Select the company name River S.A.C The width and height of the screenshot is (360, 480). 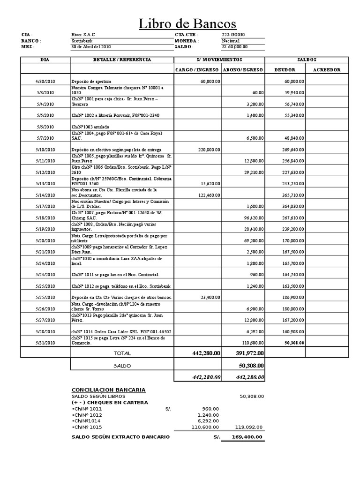83,35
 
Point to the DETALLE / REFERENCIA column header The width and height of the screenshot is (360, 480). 122,60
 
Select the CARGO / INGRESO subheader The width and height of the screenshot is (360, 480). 196,70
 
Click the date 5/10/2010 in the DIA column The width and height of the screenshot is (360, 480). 45,150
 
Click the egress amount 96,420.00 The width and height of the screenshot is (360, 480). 252,217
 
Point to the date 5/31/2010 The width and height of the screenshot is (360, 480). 45,343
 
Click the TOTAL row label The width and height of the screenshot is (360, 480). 122,353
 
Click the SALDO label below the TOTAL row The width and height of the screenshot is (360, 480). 122,366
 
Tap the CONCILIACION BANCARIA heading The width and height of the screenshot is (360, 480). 108,390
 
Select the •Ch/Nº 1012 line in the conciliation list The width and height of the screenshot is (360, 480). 87,415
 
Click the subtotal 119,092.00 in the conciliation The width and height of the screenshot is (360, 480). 250,427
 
